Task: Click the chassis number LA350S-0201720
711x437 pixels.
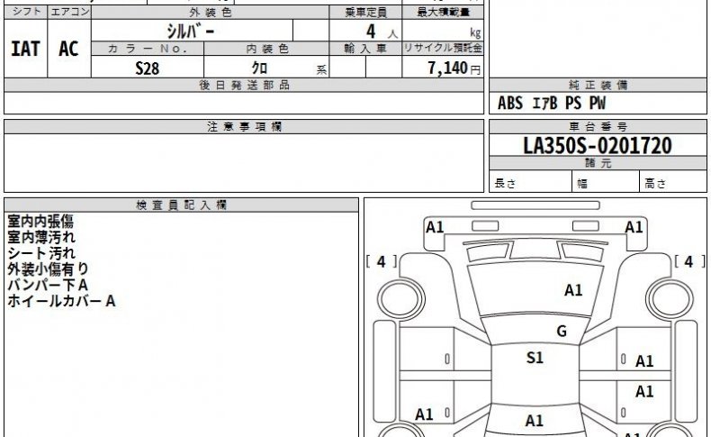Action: pos(598,146)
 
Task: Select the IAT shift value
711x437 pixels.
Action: pos(25,49)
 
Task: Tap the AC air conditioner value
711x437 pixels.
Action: pos(68,49)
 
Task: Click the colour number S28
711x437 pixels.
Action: pos(148,68)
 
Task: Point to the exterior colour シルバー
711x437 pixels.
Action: pos(191,31)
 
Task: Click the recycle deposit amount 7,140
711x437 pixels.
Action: pos(447,68)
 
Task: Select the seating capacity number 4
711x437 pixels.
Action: pos(371,32)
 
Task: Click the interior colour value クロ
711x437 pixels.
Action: pos(259,68)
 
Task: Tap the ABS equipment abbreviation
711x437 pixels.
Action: pos(510,103)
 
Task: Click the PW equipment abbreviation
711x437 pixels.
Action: pos(598,103)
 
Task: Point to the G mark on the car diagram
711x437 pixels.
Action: pos(562,332)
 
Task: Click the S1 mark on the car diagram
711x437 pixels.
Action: pos(535,358)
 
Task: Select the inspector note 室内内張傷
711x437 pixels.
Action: pos(40,222)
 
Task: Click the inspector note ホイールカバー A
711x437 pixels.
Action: pos(61,301)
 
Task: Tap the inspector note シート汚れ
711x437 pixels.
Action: pos(41,253)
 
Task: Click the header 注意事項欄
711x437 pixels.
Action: pos(245,127)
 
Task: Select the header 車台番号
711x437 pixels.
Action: pos(598,127)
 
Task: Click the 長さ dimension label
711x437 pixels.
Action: pos(505,183)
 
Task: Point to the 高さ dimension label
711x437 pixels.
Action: pos(655,183)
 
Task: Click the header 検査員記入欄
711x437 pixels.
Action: pos(182,205)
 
